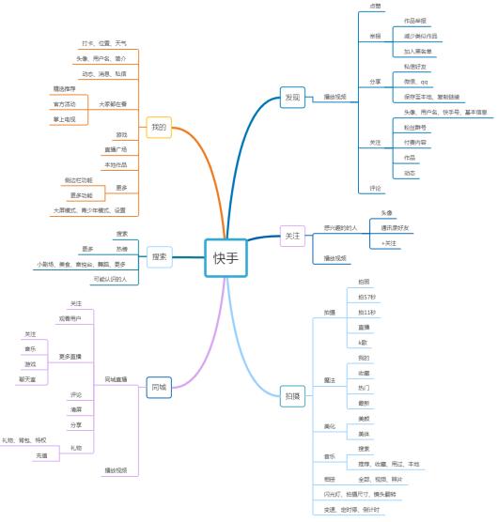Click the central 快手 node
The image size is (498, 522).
coord(226,258)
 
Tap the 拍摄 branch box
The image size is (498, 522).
coord(294,396)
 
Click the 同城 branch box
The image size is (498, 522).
coord(158,386)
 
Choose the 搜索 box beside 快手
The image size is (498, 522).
coord(159,256)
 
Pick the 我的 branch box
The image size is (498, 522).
coord(158,127)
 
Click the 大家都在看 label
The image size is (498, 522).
coord(112,104)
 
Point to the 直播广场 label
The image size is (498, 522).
coord(115,149)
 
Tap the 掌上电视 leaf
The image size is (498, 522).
coord(66,119)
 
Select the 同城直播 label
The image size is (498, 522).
coord(116,379)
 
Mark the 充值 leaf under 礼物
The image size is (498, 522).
coord(41,455)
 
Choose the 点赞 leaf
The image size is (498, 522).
coord(376,6)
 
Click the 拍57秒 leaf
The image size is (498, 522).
coord(365,297)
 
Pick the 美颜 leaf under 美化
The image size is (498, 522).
coord(364,418)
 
